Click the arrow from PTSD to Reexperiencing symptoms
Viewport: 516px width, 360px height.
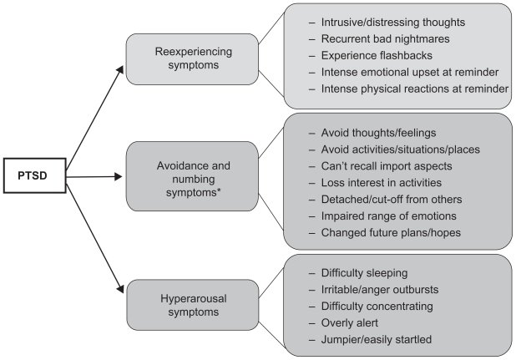pos(96,108)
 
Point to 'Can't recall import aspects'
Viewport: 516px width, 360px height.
pos(386,165)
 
